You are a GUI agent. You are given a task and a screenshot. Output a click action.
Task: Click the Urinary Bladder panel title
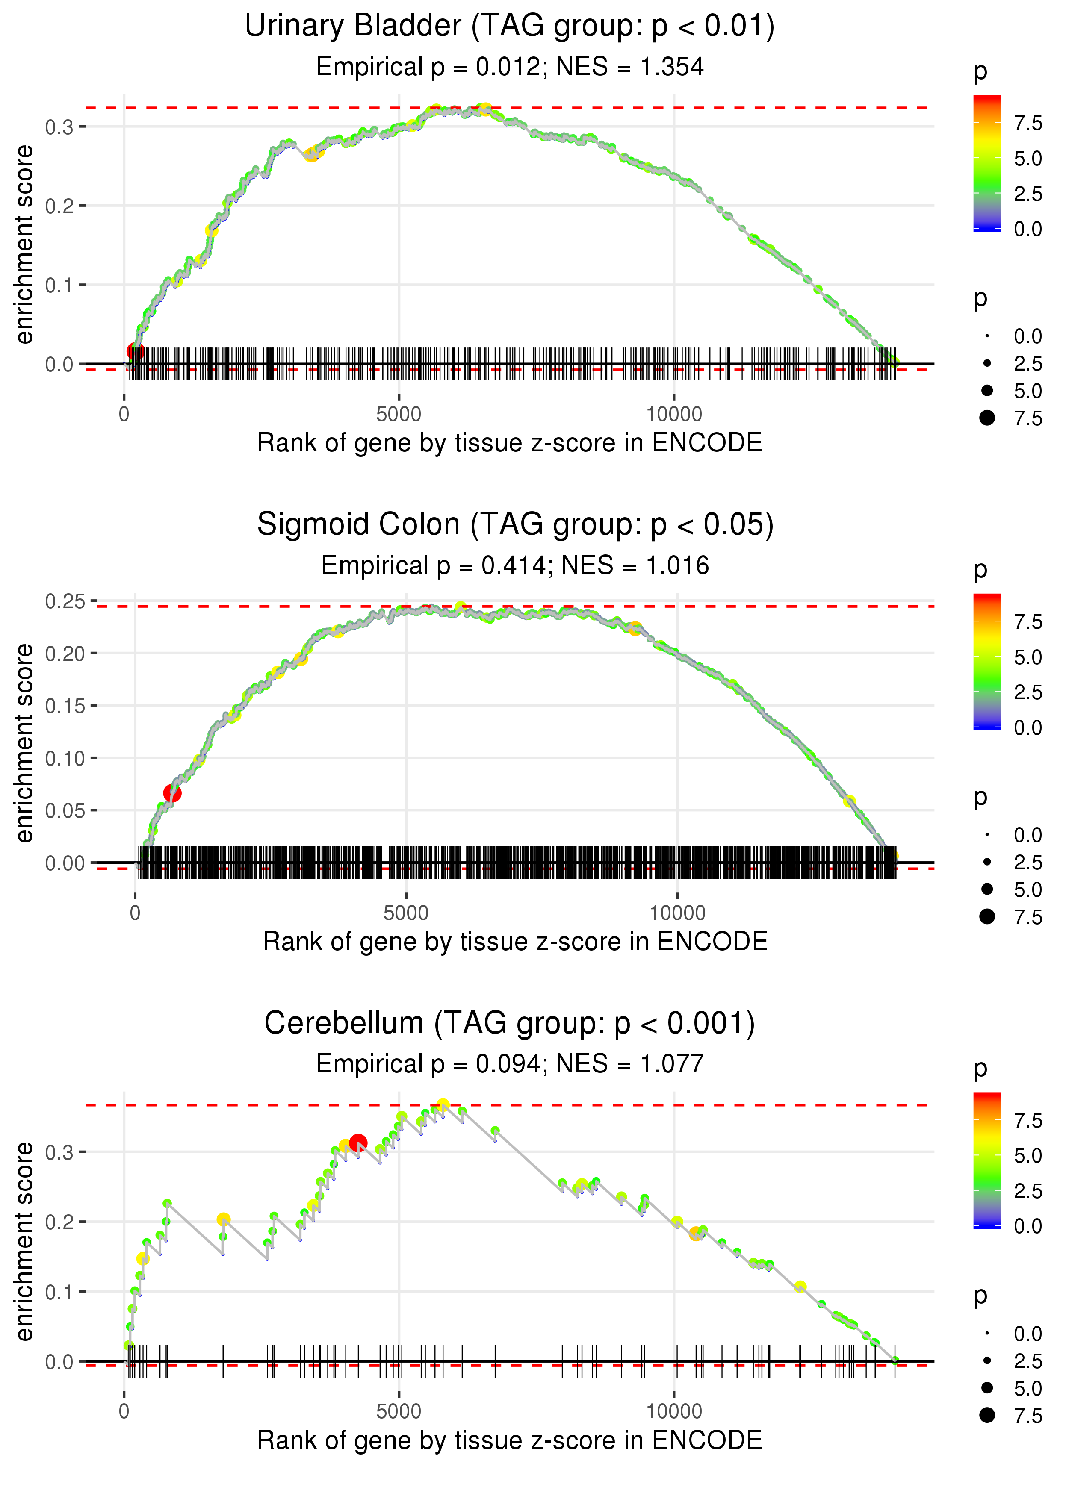(510, 27)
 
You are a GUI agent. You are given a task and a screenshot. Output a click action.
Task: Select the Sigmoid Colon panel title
(515, 525)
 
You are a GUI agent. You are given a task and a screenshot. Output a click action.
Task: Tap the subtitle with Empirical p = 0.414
(434, 566)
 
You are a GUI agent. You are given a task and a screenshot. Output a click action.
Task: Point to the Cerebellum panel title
(510, 1024)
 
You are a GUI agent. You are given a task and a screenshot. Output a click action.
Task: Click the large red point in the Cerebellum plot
(358, 1143)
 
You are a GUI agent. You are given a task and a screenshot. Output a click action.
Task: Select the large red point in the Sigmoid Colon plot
(172, 793)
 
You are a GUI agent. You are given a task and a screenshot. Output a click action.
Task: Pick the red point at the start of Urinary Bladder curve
(135, 352)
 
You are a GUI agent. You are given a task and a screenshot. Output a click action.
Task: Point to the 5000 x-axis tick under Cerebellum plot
(399, 1411)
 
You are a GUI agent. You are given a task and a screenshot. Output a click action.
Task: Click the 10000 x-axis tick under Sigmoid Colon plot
(677, 913)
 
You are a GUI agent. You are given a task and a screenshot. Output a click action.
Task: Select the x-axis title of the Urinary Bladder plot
(510, 443)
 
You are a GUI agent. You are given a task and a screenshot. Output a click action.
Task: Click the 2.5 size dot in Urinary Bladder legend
(987, 363)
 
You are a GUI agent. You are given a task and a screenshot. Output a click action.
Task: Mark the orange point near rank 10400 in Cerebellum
(696, 1234)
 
